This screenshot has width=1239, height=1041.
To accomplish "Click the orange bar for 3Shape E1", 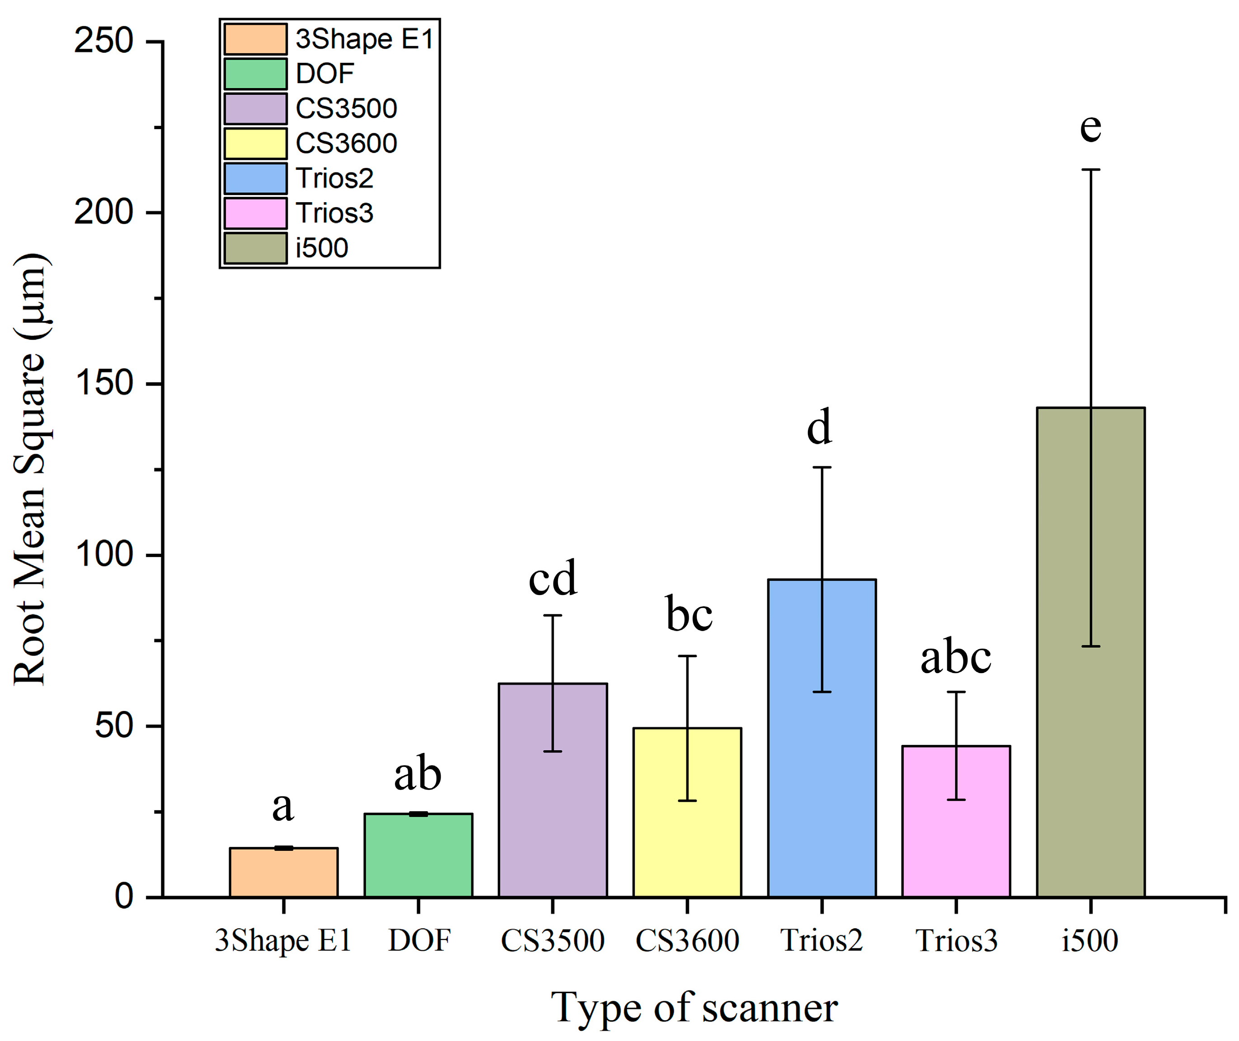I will click(283, 874).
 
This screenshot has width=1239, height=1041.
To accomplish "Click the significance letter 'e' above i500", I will click(1090, 127).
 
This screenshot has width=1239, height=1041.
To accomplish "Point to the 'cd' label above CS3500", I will click(552, 579).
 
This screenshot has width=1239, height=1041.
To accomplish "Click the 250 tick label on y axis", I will click(104, 42).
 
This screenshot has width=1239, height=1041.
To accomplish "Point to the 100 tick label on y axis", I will click(104, 555).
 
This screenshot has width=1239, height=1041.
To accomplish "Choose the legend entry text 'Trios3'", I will click(334, 213).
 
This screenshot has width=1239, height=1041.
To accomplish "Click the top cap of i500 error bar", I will click(1091, 170).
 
